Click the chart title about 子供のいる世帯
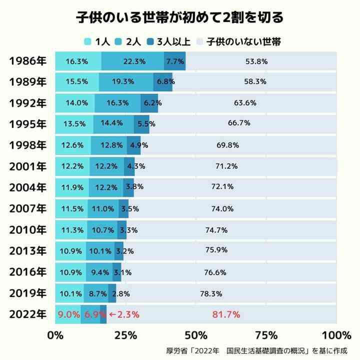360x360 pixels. coord(179,17)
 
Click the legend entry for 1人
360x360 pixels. coord(97,41)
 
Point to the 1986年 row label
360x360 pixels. coord(27,61)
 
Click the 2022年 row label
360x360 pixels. coord(27,314)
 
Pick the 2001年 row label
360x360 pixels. coord(27,166)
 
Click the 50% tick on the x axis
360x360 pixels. coord(196,334)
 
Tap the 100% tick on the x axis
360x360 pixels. coord(336,334)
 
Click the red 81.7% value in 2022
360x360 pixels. coord(226,314)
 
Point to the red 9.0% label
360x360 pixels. coord(69,314)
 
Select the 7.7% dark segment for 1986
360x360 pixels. coord(175,61)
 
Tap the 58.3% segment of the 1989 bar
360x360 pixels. coord(255,81)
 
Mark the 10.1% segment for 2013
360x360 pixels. coord(100,250)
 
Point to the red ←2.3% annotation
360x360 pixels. coord(123,314)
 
